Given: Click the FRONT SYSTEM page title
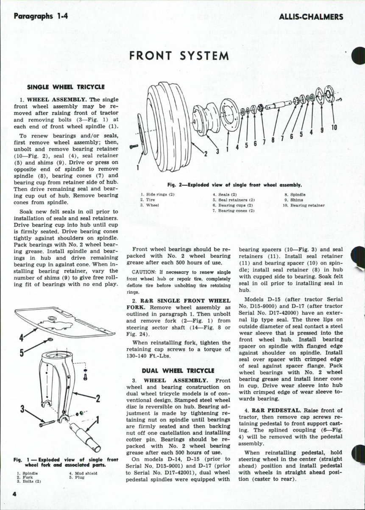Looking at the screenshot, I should tap(179, 56).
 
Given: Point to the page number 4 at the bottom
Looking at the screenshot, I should tap(14, 494).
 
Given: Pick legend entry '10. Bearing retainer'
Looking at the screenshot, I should tap(304, 205).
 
